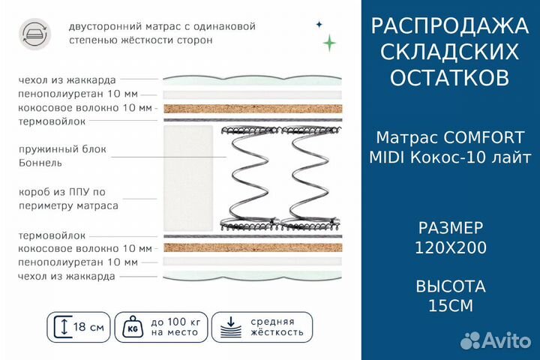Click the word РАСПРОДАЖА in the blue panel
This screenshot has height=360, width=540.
450,26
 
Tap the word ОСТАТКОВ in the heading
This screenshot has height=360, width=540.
450,77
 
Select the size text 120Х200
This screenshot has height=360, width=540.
450,247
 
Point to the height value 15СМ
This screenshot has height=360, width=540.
450,305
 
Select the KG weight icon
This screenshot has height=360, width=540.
135,327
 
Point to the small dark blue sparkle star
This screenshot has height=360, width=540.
318,24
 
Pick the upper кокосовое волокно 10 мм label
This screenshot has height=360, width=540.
85,108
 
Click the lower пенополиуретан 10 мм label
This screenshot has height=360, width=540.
78,262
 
